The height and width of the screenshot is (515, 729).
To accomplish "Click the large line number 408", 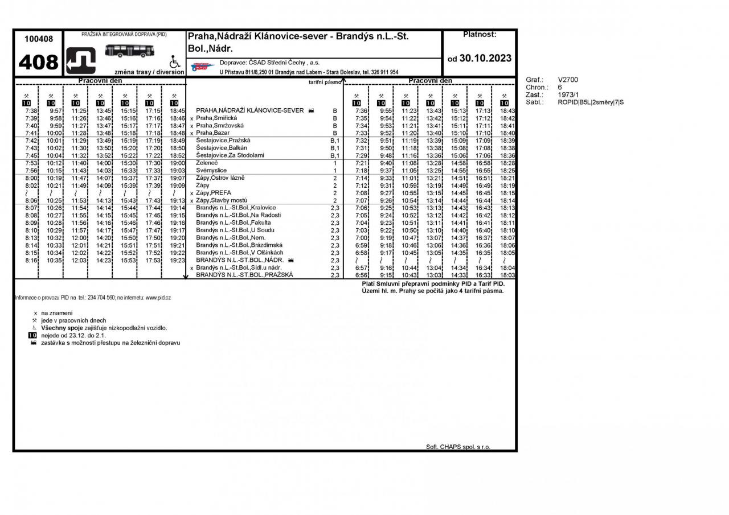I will (x=38, y=62).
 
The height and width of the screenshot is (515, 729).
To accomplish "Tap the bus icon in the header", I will (x=130, y=51).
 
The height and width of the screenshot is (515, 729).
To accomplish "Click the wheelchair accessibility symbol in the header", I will (x=175, y=61).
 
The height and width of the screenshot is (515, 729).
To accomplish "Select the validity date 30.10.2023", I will (x=485, y=58).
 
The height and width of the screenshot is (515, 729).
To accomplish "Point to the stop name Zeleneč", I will (x=207, y=163).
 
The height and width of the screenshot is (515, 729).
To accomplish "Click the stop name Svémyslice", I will (x=211, y=170).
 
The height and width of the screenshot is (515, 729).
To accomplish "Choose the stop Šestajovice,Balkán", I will (x=221, y=148).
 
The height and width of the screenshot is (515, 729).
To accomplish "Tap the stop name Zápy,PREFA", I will (x=214, y=193).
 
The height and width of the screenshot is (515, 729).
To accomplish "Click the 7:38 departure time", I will (x=31, y=110).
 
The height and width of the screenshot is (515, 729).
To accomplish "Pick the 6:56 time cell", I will (x=362, y=275).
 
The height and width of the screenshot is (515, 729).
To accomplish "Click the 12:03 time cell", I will (x=79, y=260).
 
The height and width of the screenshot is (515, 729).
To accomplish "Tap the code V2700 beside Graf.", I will (x=568, y=80).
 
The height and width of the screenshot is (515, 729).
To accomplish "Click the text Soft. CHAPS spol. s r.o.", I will (x=458, y=447).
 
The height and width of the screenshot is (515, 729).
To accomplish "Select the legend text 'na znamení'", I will (x=56, y=313).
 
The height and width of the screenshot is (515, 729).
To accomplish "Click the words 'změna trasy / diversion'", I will (x=149, y=72).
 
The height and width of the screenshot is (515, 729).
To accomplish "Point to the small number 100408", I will (x=39, y=39).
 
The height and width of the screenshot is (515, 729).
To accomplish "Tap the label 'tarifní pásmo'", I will (x=325, y=82).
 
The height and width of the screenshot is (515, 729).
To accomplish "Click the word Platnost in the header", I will (x=480, y=35).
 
